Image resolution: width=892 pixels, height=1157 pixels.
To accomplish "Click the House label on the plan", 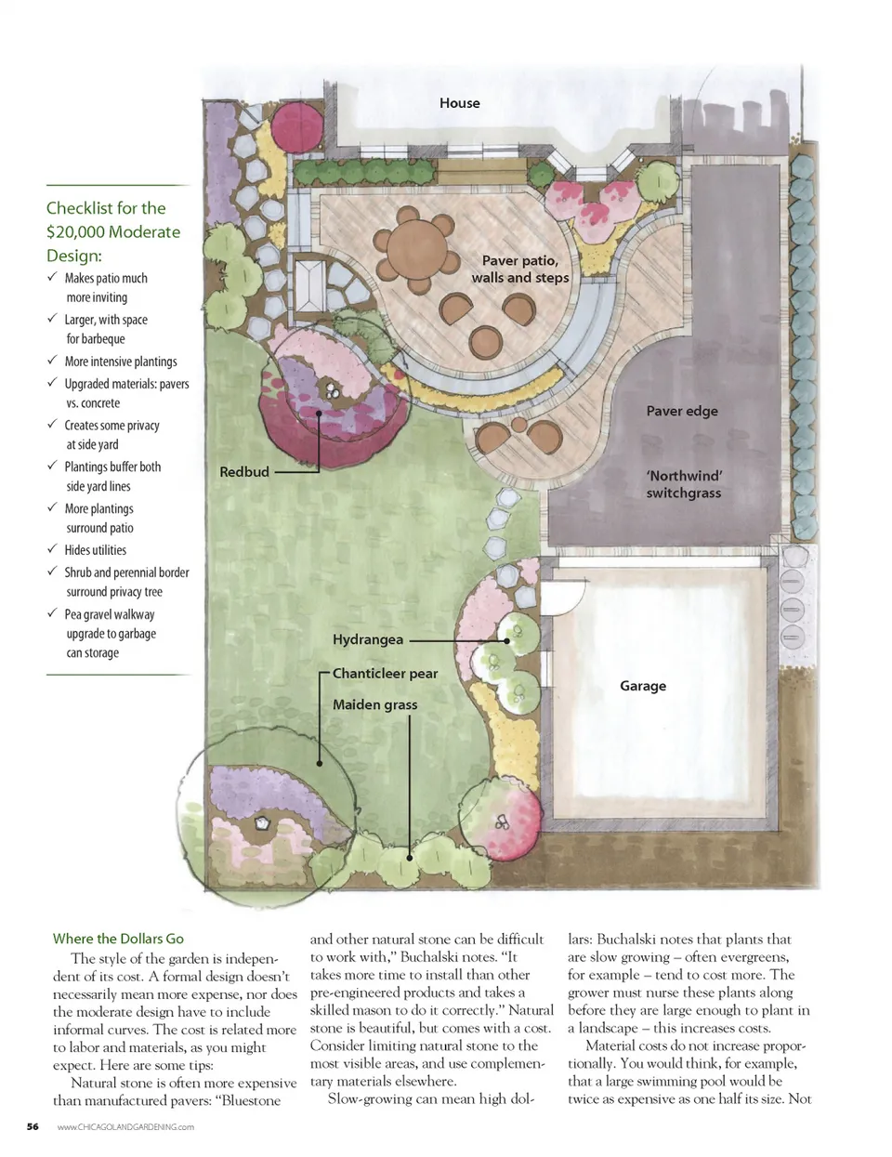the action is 459,103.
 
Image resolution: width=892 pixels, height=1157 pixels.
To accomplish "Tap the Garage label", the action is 642,686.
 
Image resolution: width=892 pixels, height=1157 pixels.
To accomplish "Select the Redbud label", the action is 244,472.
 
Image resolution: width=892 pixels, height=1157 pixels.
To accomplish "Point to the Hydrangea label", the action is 368,640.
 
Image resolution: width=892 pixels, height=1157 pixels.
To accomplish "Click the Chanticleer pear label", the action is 385,674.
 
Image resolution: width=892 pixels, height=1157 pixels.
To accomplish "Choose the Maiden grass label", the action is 374,705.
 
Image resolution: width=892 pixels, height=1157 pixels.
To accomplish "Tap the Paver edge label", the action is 682,411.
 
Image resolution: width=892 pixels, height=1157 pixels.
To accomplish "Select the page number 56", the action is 33,1126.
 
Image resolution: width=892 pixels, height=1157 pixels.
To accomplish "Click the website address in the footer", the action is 125,1126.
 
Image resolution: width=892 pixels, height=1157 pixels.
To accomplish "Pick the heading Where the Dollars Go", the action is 118,939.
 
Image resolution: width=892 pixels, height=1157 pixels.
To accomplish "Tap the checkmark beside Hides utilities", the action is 52,548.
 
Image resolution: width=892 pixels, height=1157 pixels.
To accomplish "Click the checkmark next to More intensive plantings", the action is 52,360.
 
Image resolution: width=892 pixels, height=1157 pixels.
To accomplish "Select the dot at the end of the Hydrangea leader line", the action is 506,641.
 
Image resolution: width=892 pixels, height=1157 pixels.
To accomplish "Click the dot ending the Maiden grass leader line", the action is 409,858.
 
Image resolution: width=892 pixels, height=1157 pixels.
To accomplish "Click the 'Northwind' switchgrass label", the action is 684,484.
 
